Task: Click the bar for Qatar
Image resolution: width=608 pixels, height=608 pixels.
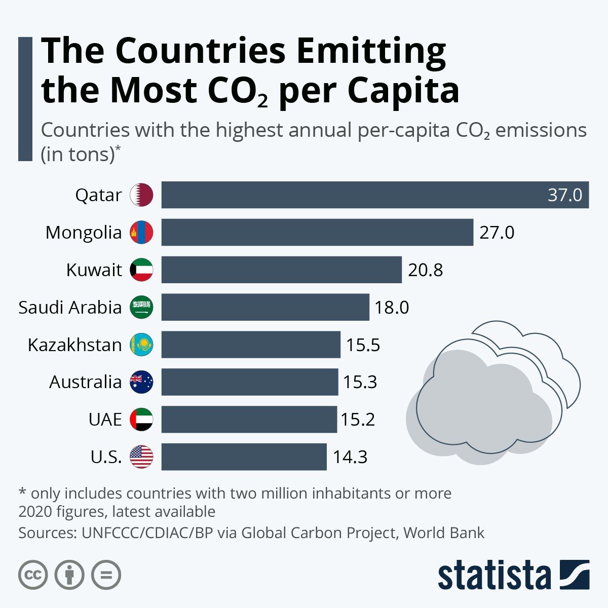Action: [375, 195]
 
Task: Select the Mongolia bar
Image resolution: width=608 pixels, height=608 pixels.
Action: [317, 233]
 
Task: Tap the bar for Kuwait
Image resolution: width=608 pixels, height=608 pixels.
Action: [281, 270]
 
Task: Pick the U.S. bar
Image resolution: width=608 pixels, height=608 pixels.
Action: [244, 457]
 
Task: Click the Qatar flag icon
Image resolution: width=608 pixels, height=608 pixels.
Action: [141, 195]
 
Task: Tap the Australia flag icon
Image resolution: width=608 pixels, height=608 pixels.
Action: [141, 382]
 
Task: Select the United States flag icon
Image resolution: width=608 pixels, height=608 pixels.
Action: [141, 457]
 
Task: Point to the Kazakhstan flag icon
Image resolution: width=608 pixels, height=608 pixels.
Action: [141, 345]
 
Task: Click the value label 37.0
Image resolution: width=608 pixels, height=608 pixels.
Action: [565, 195]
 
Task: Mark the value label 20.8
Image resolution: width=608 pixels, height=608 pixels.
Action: [426, 270]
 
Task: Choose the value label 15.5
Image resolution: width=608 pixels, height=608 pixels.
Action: [363, 345]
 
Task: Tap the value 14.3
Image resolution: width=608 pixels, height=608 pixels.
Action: [350, 457]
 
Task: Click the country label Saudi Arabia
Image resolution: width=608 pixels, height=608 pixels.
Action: [70, 308]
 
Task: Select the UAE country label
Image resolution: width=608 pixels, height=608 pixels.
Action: [105, 420]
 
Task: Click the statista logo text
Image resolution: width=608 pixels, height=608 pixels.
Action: [494, 575]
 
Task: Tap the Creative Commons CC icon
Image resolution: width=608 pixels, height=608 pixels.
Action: [33, 575]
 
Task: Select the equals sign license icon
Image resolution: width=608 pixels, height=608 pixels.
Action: [106, 575]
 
